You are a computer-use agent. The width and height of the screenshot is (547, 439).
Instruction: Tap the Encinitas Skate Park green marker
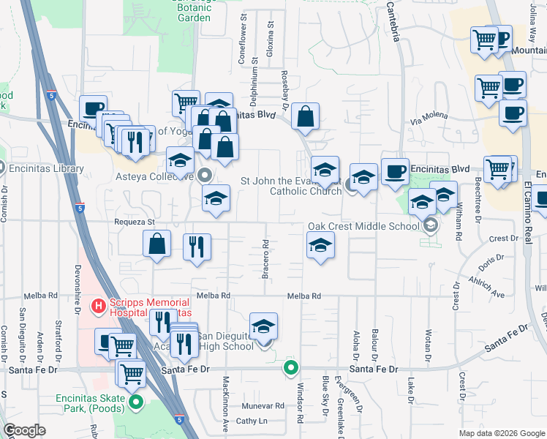136,402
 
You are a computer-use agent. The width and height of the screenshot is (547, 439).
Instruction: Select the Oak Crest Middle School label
363,226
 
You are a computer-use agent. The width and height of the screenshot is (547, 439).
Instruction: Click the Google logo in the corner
25,430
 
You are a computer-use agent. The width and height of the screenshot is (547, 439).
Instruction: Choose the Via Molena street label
428,119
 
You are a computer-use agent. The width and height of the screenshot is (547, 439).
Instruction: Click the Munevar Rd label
264,405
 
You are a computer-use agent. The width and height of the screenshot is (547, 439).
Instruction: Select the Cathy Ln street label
252,421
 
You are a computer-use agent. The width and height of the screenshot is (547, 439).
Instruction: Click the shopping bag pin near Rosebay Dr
305,116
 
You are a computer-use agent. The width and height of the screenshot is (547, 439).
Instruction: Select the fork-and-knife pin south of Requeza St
195,247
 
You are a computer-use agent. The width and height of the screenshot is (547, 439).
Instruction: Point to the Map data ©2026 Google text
502,432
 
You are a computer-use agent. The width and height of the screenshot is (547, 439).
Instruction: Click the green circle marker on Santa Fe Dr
291,368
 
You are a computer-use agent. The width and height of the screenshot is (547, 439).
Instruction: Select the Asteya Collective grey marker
205,176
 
